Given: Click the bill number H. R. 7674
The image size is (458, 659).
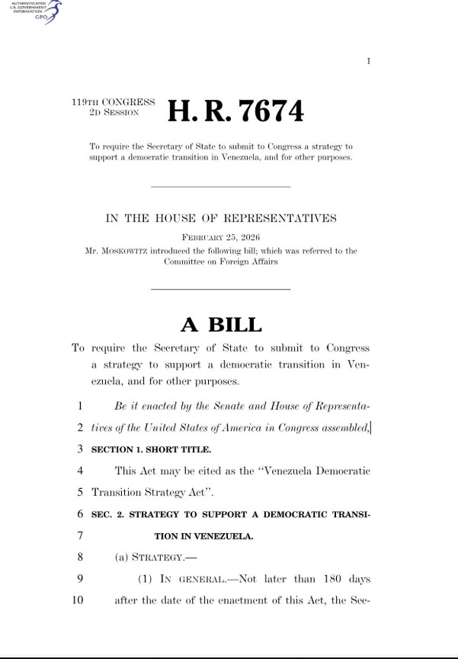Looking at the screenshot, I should (x=235, y=111).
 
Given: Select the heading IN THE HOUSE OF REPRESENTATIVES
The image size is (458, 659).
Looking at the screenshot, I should (x=220, y=219).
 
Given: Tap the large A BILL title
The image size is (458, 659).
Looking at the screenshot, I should (x=221, y=325).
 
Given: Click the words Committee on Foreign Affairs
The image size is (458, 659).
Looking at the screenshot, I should (x=220, y=261).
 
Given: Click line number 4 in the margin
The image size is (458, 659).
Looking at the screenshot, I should (x=80, y=471).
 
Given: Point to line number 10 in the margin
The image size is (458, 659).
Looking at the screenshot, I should (x=77, y=600).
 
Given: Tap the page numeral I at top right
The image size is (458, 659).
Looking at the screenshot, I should (x=369, y=61).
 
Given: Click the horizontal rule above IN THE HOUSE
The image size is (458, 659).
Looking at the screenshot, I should (x=220, y=187).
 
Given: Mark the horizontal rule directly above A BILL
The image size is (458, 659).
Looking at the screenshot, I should (x=220, y=288).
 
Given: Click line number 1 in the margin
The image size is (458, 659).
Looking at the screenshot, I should (x=80, y=407).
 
